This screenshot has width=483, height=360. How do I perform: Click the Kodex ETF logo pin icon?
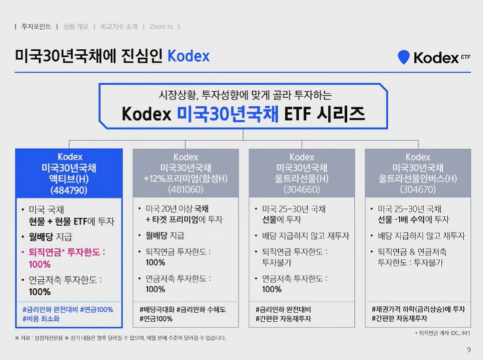click(x=403, y=57)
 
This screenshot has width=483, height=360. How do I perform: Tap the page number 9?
click(x=468, y=350)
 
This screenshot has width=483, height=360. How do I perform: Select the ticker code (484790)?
click(x=68, y=189)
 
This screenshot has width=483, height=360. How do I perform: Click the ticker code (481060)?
click(x=186, y=189)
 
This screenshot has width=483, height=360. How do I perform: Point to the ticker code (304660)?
click(x=302, y=189)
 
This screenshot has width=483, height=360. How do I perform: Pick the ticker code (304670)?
click(x=418, y=189)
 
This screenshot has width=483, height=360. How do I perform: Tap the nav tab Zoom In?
click(x=161, y=26)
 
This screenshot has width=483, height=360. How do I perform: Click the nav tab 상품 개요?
click(x=76, y=26)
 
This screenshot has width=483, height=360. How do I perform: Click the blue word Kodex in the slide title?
click(x=188, y=57)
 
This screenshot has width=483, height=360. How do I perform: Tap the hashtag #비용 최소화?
click(x=42, y=318)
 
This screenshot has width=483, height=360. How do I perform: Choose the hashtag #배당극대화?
click(x=157, y=310)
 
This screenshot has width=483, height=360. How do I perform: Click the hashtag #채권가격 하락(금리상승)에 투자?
click(x=418, y=310)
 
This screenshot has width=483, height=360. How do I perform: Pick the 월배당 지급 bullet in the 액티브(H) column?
click(x=49, y=236)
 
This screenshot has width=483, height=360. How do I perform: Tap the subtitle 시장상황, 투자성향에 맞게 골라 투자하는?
click(x=244, y=95)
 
